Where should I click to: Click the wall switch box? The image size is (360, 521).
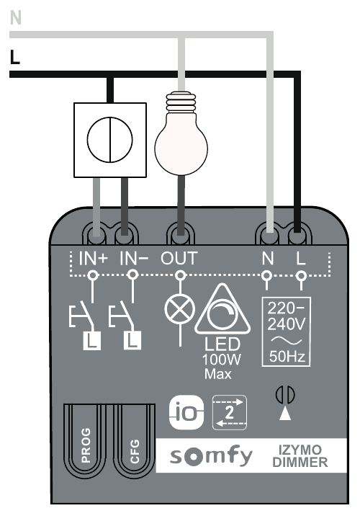pos(110,140)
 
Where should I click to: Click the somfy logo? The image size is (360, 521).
pos(211,456)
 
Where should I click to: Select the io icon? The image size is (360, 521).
pos(186,412)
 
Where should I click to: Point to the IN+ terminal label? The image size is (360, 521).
pos(94,258)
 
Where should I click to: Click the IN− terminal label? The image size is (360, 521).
pos(134,258)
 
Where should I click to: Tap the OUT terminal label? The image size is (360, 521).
pos(179,258)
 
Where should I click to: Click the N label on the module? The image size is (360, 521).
pos(268,258)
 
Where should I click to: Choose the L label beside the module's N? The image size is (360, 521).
pos(300,258)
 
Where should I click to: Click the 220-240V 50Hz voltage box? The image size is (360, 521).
pos(286,331)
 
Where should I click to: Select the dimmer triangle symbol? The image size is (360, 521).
pos(222,310)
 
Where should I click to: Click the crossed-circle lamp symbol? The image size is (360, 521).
pos(180,310)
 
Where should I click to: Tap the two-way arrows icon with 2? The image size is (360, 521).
pos(230,412)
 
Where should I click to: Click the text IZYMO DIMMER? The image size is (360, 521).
pos(300,456)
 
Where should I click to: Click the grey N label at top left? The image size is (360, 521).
pos(16,17)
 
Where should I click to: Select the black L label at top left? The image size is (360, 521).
pos(15,57)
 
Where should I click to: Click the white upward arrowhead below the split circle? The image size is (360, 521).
pos(285,414)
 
